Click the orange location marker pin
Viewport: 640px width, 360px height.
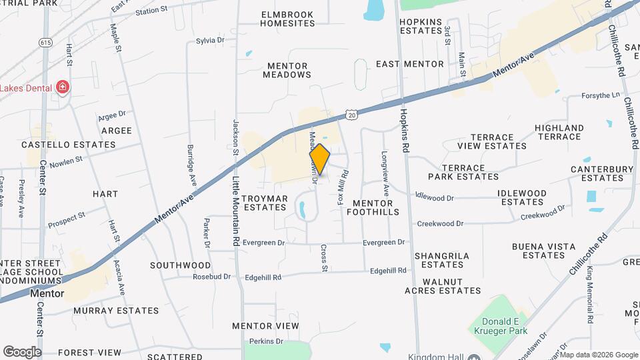(x=320, y=159)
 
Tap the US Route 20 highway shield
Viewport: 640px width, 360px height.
(x=351, y=115)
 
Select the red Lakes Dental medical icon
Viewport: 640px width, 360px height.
(x=63, y=87)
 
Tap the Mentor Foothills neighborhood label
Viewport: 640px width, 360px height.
(x=375, y=207)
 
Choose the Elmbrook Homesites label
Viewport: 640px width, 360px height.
(x=287, y=19)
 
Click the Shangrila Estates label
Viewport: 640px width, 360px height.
(x=442, y=260)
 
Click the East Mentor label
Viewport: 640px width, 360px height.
(x=409, y=64)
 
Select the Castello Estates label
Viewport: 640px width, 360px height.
(x=69, y=144)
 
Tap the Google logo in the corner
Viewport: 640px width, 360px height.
(x=22, y=351)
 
